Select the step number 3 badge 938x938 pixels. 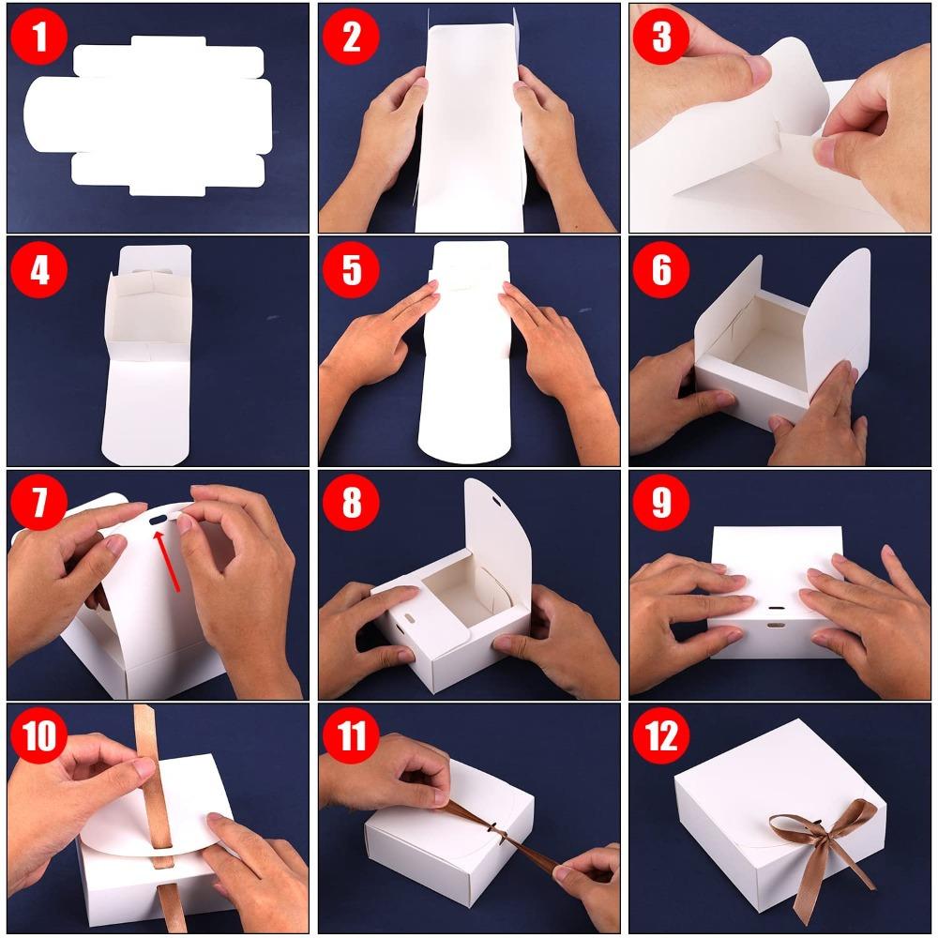[661, 38]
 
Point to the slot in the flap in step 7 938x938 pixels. [159, 517]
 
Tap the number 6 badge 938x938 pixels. [661, 270]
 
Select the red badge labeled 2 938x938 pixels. [351, 38]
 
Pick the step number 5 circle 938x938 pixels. [351, 270]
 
